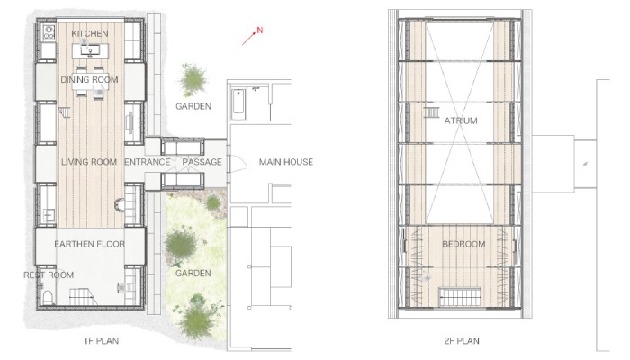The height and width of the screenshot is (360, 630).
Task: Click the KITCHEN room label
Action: [x=90, y=34]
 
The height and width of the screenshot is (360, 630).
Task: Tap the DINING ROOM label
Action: [x=89, y=79]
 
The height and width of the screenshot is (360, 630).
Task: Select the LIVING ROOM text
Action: [x=89, y=162]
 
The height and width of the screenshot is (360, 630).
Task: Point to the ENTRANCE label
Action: [x=148, y=162]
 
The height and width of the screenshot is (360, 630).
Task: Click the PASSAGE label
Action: [x=202, y=162]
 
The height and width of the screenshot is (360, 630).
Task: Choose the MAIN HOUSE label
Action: [x=285, y=162]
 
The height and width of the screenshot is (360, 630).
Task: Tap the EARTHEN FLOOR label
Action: [x=90, y=244]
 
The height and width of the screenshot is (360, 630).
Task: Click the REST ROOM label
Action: [x=49, y=275]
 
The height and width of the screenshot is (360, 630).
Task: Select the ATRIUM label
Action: [x=461, y=121]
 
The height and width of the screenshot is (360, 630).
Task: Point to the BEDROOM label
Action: [x=463, y=244]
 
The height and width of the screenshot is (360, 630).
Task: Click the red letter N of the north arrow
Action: [x=260, y=30]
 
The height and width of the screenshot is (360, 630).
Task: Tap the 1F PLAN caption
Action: [x=101, y=341]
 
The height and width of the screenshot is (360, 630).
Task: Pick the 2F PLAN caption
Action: [x=462, y=341]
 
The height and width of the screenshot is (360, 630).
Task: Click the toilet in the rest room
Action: [x=48, y=296]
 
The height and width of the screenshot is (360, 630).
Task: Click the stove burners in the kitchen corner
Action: [x=49, y=31]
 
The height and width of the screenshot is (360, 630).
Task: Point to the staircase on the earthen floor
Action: [x=84, y=296]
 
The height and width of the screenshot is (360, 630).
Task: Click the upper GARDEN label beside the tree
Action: [x=193, y=106]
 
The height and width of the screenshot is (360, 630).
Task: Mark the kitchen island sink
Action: [x=90, y=50]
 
